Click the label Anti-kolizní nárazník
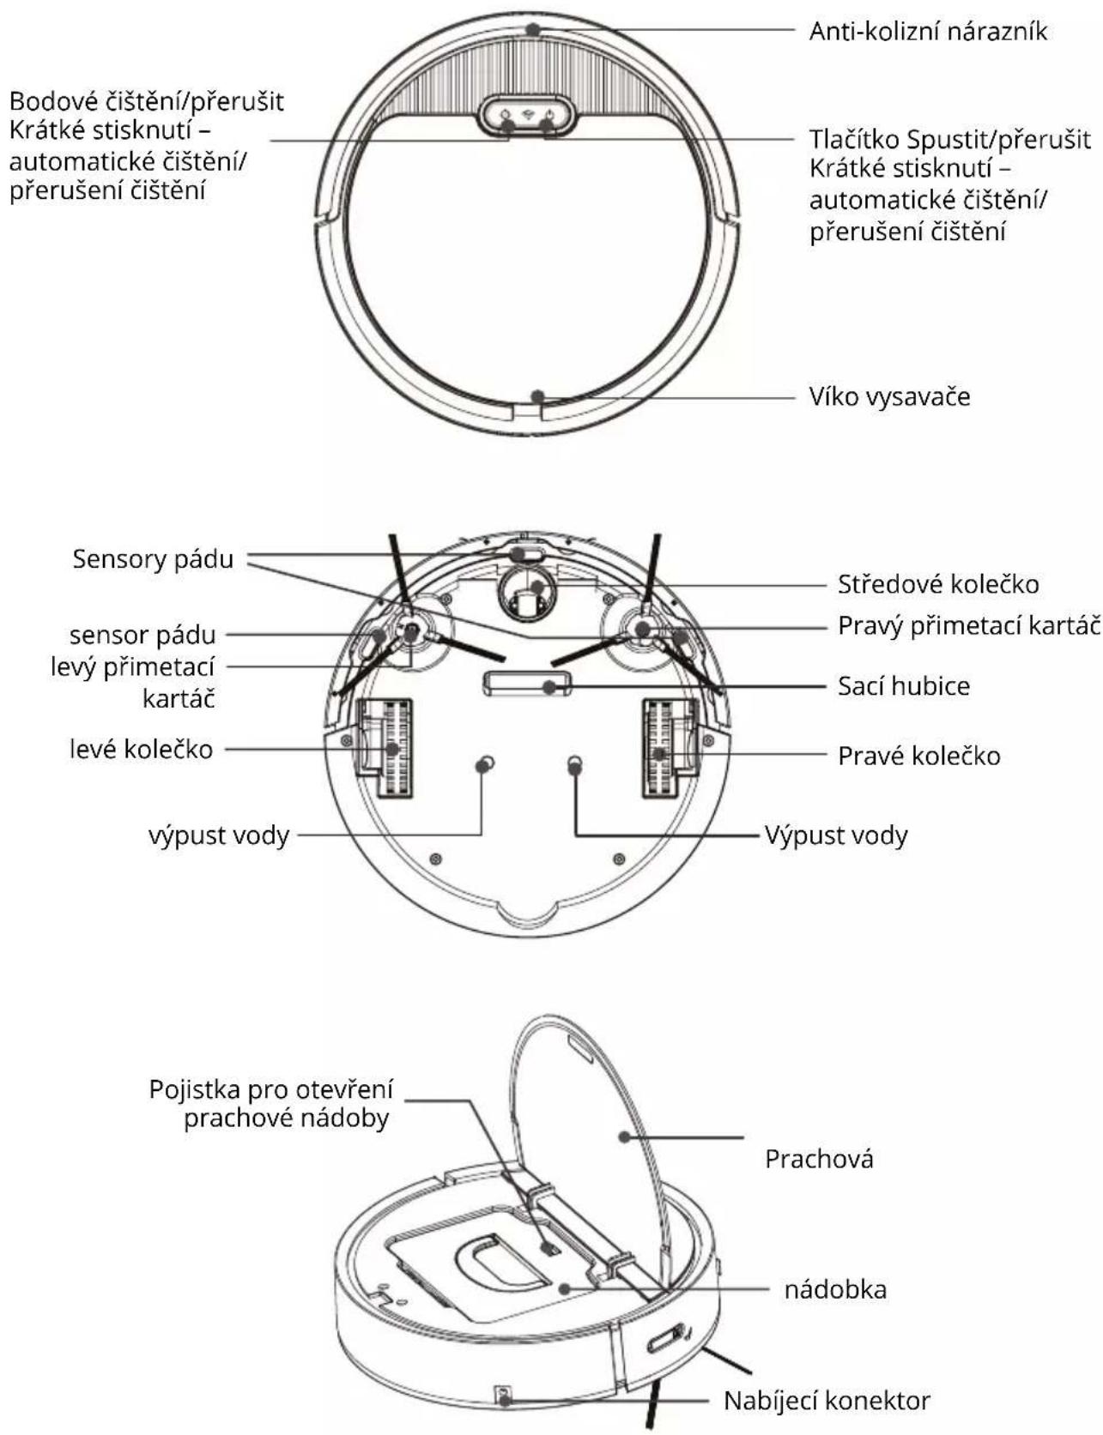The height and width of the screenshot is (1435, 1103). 928,32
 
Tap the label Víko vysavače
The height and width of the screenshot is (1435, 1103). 889,397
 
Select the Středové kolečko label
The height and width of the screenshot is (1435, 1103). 938,585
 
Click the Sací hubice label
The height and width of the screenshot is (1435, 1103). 904,686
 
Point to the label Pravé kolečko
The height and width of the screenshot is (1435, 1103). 918,756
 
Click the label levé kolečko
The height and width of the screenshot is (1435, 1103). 141,749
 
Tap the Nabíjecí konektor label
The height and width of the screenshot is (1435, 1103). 827,1401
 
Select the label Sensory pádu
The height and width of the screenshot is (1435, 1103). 153,559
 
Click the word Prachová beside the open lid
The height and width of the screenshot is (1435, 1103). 819,1160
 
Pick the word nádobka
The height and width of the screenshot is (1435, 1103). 835,1289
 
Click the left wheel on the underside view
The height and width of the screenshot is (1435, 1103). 385,747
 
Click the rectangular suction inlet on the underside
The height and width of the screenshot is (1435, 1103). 528,684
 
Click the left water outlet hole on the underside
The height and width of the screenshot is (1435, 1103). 486,763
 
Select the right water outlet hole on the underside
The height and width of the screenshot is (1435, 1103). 575,763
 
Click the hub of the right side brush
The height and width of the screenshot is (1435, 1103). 642,630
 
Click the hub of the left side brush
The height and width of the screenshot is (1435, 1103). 410,631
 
